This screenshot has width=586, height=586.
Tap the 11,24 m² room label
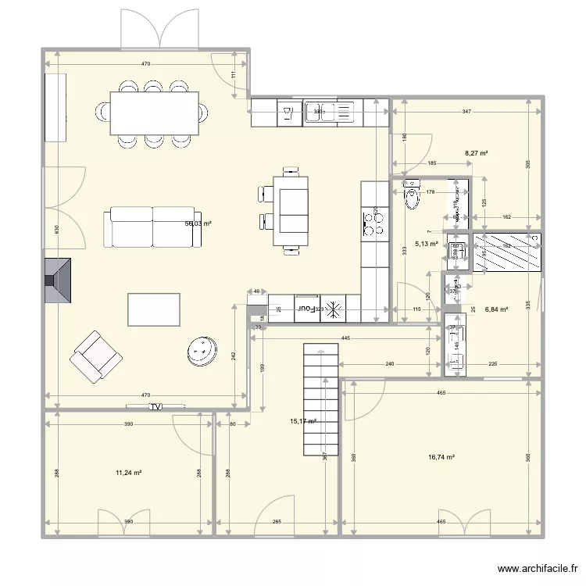128,473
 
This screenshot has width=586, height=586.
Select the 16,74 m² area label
441,459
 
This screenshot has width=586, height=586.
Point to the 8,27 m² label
476,154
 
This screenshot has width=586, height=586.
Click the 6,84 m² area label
496,309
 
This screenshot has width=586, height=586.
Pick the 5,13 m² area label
427,244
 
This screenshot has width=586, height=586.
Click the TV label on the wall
156,406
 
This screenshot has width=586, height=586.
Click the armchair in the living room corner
95,356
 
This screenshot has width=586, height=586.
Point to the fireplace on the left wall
57,280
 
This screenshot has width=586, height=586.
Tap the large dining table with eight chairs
154,113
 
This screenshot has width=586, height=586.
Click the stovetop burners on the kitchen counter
374,223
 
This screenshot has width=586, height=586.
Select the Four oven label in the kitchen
307,310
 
